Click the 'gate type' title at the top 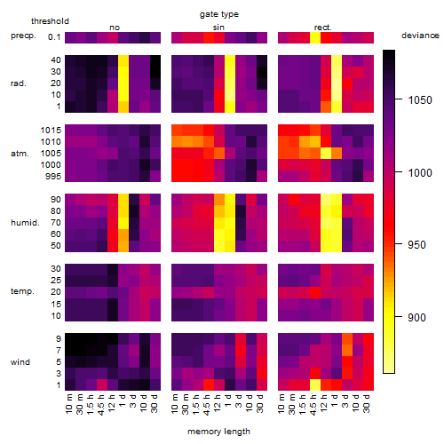point(219,14)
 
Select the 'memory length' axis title point(218,432)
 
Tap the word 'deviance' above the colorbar point(420,36)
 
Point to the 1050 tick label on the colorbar point(420,100)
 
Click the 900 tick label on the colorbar point(416,318)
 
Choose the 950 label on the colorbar point(416,245)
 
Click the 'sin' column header point(218,28)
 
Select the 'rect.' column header point(322,28)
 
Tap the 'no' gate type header point(115,28)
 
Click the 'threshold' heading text point(50,21)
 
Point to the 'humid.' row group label point(25,223)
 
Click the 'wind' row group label point(20,362)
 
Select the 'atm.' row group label point(20,154)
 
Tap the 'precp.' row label point(23,36)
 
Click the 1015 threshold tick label point(51,131)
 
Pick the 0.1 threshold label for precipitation point(54,37)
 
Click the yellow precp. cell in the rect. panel point(315,37)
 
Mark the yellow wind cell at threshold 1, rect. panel point(315,385)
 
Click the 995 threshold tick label point(53,177)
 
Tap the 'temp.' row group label point(22,291)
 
